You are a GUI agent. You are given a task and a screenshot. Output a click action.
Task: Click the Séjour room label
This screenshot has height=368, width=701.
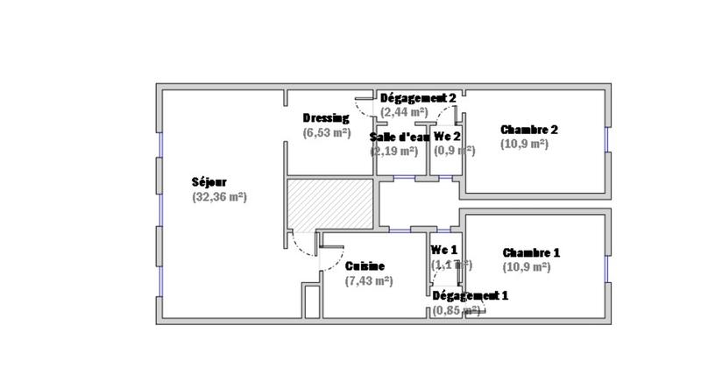pos(209,182)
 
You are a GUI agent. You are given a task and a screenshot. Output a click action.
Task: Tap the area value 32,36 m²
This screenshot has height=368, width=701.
pos(219,197)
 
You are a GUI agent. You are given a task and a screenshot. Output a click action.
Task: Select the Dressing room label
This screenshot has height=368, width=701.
pos(326,118)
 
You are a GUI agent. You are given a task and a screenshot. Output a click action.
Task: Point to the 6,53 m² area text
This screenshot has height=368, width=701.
pos(327,133)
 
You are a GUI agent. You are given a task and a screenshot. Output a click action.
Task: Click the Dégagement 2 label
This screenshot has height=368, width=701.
pos(418,98)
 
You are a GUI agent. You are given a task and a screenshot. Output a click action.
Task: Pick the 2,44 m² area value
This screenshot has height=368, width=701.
pos(404,112)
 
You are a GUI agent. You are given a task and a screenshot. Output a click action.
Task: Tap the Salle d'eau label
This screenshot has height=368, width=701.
pos(399,138)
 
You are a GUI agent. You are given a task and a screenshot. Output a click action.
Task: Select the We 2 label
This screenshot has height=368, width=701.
pos(448,138)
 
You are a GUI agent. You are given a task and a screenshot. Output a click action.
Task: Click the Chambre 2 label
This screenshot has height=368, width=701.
pos(529,129)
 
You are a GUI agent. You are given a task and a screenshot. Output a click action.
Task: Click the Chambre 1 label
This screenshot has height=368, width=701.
pos(531,252)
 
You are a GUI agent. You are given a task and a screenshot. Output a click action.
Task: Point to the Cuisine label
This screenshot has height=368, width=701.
pos(365,266)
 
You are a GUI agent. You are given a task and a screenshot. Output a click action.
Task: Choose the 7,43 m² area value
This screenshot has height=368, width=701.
pos(369,281)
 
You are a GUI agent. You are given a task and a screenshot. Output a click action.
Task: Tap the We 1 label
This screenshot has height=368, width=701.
pos(444,250)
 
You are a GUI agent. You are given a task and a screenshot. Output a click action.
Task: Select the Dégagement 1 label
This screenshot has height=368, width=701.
pos(470,295)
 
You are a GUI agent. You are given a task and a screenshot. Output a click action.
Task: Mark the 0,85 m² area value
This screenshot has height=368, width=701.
pos(456,310)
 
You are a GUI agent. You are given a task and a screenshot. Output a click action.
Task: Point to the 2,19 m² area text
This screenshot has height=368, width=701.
pos(394,151)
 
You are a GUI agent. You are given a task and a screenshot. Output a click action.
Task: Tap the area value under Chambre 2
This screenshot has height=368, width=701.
pos(525,144)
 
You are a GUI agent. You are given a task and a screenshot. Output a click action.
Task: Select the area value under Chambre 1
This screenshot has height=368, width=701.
pos(526,267)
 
